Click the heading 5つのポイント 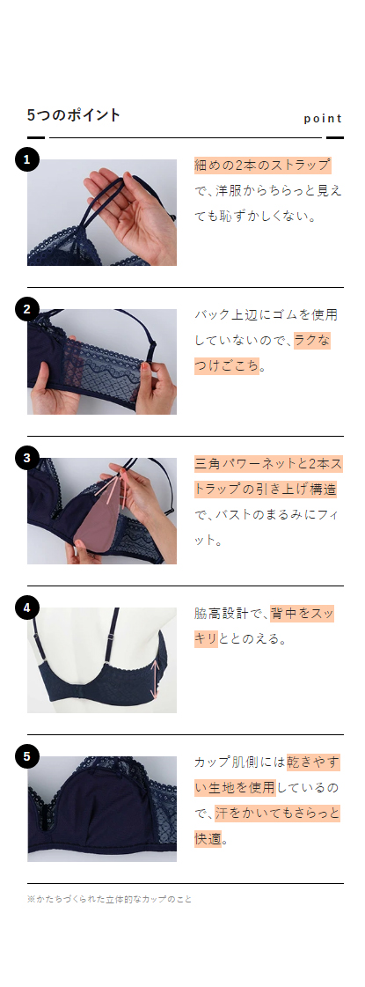coord(74,115)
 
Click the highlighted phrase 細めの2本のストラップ coord(262,165)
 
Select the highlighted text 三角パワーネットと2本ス coord(268,463)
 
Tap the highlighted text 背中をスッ coord(303,613)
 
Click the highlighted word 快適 coord(208,838)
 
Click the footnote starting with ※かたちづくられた coord(110,900)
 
